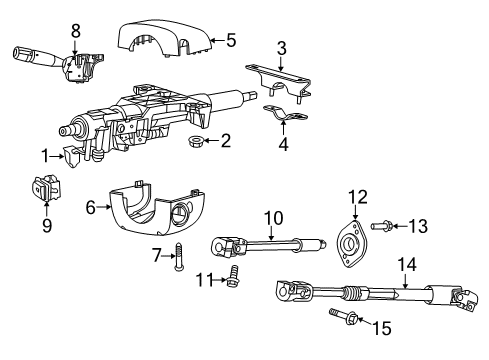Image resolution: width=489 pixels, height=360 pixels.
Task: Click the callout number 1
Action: pos(45,155)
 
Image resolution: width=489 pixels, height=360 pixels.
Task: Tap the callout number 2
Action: pos(226,141)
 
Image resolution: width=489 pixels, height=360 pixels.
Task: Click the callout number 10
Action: pos(273,216)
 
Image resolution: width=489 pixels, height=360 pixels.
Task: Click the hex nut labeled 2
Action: pos(197,142)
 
